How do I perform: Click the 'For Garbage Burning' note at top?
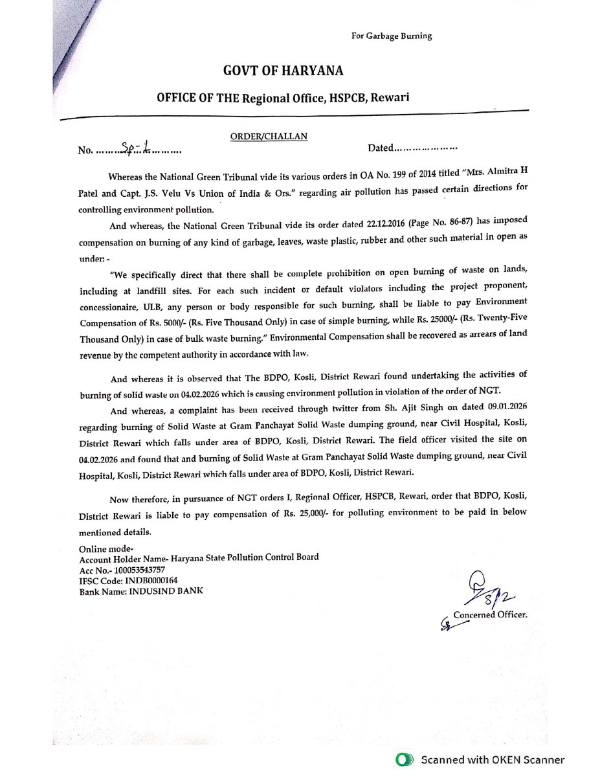click(391, 36)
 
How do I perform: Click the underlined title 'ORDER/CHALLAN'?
click(269, 136)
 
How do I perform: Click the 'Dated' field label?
click(380, 148)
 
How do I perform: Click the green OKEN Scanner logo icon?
click(405, 760)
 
